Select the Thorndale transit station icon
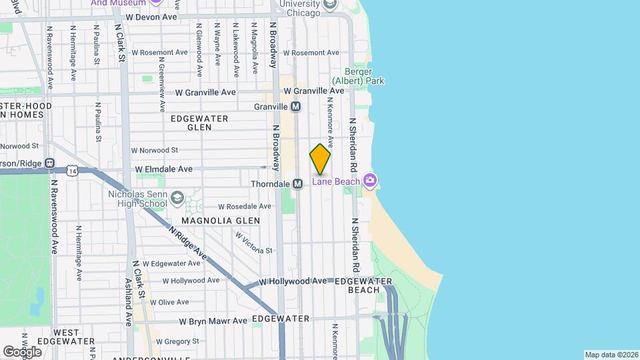[298, 183]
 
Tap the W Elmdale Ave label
[163, 169]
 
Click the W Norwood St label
[155, 151]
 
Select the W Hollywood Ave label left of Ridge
[191, 281]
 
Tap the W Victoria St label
[253, 242]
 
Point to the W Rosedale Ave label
[245, 207]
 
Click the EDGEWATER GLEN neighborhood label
[199, 123]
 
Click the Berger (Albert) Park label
[364, 76]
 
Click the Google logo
[21, 351]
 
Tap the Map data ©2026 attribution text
[611, 355]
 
